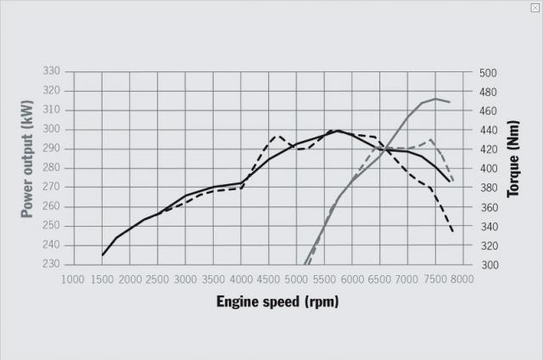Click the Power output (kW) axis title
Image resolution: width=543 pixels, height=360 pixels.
click(27, 168)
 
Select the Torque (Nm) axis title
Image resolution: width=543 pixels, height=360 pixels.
click(513, 168)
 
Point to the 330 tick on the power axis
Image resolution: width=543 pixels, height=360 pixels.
click(52, 71)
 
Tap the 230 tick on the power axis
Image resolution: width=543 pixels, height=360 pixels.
click(52, 264)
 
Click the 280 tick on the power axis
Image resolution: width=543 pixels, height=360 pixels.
click(52, 168)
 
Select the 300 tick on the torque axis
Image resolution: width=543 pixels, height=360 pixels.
click(488, 265)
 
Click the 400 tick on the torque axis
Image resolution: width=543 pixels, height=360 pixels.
click(488, 169)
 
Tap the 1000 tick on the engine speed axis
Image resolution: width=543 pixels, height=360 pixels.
click(74, 278)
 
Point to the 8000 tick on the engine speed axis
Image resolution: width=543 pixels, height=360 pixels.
click(463, 278)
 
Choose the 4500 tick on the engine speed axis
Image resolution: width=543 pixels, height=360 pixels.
click(269, 278)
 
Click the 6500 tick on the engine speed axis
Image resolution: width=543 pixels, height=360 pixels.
click(380, 278)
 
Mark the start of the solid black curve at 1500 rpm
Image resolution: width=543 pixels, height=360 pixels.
click(103, 255)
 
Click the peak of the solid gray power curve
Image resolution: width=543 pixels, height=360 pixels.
click(435, 98)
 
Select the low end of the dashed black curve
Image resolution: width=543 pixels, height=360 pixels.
click(453, 231)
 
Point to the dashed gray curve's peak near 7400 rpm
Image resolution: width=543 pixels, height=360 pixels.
click(432, 140)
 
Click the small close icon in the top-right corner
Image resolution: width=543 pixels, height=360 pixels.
click(535, 7)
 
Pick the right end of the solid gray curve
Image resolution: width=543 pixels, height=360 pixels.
click(450, 102)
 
